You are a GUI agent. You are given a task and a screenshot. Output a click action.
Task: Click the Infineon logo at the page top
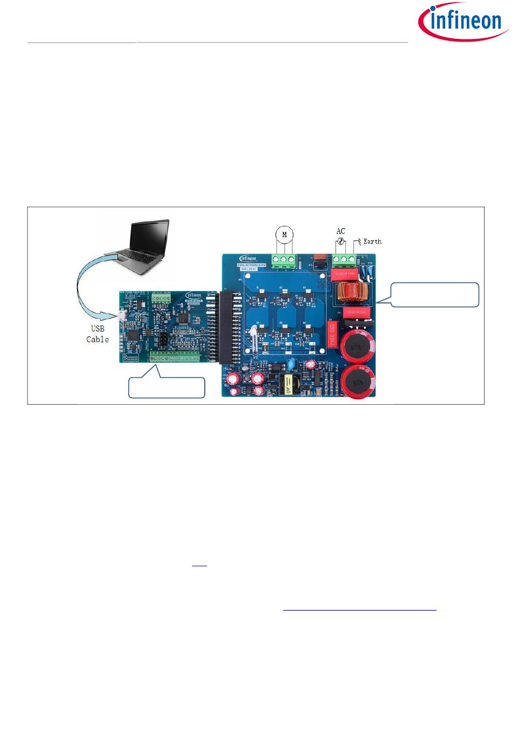coord(462,22)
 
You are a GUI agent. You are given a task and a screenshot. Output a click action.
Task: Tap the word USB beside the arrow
coord(98,328)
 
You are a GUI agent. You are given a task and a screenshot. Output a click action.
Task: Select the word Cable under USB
coord(98,339)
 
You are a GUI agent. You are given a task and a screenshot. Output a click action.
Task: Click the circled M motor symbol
coord(285,234)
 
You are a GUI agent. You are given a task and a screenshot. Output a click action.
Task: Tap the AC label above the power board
coord(341,231)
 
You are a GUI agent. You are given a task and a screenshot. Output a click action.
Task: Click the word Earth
coord(372,241)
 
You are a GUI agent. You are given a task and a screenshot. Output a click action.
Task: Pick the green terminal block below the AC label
coord(344,260)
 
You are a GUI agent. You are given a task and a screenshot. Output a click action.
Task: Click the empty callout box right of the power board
coord(434,294)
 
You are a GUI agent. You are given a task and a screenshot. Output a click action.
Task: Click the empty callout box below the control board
coord(167,388)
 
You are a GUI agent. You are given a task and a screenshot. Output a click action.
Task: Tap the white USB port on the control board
coord(123,316)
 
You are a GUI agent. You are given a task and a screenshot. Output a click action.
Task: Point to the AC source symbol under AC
coord(341,242)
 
